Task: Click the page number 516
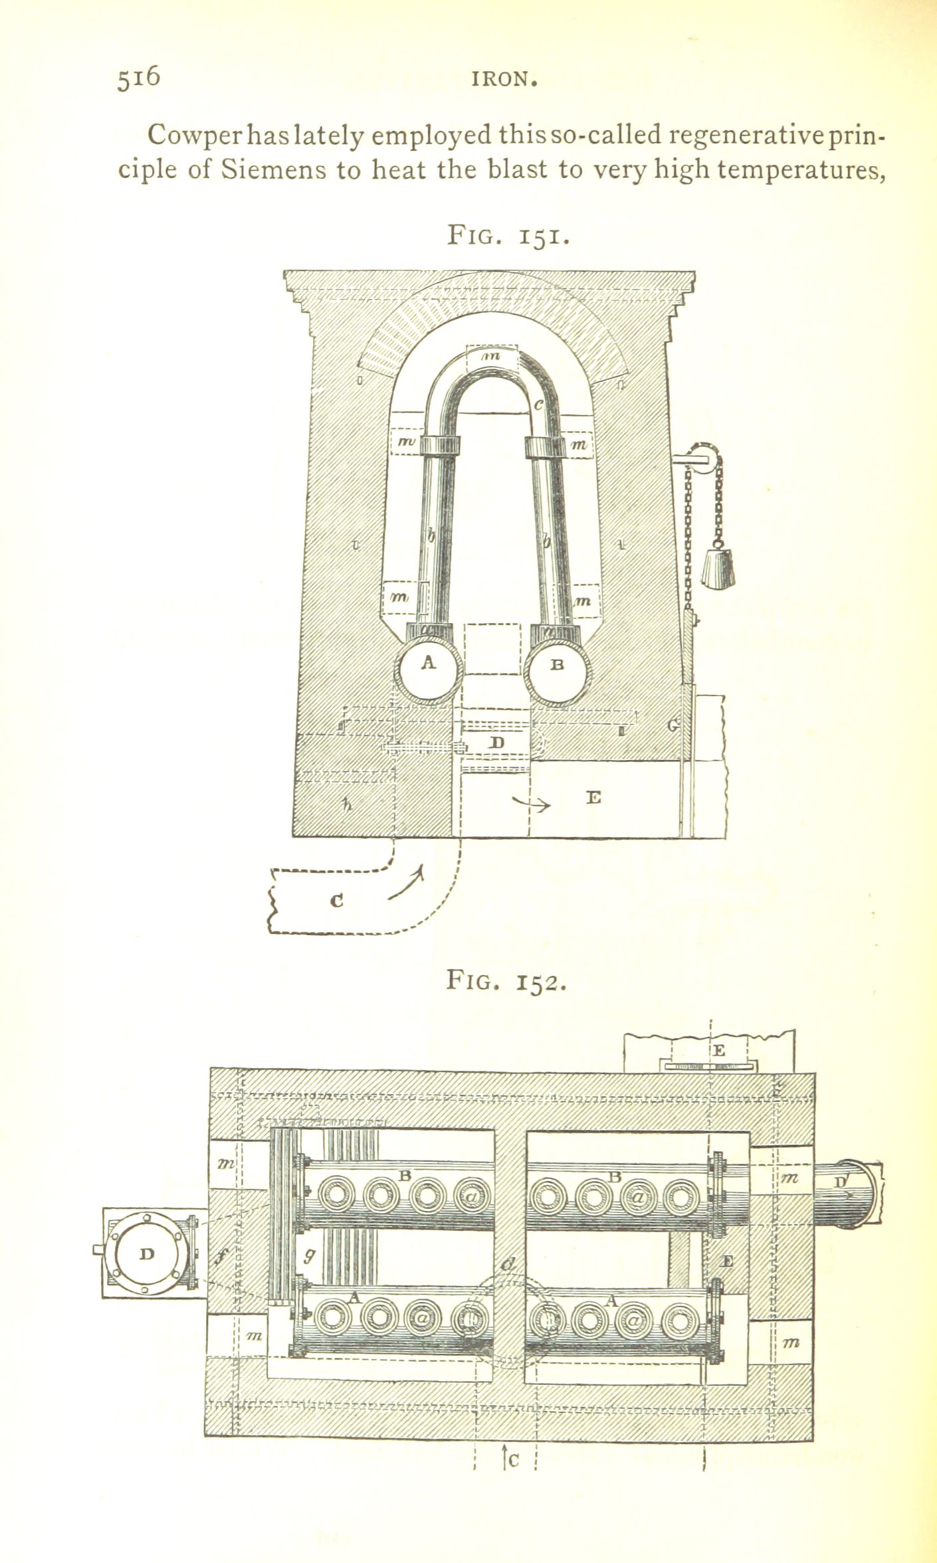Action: point(139,77)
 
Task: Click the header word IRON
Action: point(504,80)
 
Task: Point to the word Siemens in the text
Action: point(273,170)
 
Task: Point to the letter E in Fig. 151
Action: point(593,797)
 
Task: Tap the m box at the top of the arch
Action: point(492,358)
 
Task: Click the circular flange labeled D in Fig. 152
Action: point(148,1254)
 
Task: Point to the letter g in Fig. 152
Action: point(310,1254)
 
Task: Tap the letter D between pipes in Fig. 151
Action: point(496,743)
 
